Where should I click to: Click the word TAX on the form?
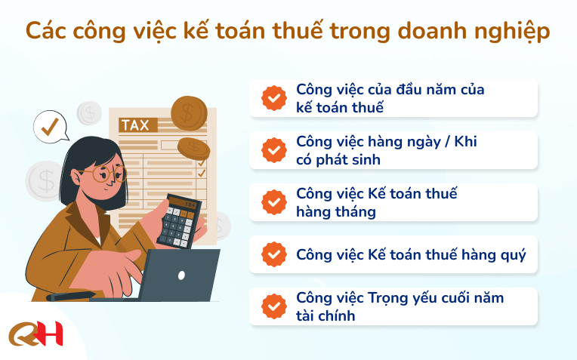[135, 125]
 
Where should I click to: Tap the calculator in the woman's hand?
[179, 221]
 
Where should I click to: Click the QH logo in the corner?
[35, 333]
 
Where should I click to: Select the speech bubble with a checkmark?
[51, 127]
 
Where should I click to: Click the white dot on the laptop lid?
[181, 275]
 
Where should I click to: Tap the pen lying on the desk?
[70, 296]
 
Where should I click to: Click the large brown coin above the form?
[189, 113]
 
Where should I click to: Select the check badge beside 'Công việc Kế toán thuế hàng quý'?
[274, 254]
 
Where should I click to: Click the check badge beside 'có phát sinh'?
[274, 150]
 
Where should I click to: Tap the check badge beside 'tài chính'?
[274, 306]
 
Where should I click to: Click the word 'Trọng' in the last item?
[387, 298]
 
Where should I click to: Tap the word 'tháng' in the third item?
[356, 212]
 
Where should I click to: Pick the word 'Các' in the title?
[46, 30]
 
